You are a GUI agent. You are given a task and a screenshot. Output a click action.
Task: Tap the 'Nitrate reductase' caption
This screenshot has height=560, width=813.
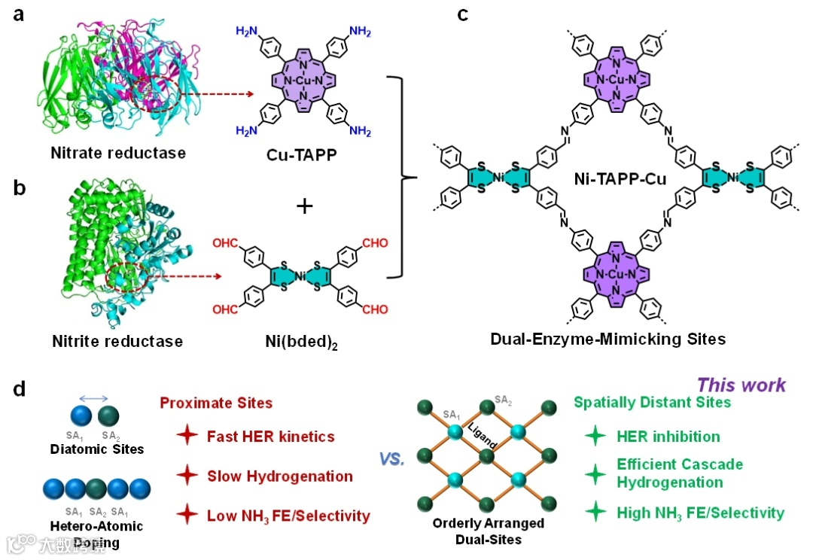[118, 154]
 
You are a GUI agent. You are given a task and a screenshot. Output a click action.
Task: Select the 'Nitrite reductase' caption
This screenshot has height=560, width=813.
[117, 341]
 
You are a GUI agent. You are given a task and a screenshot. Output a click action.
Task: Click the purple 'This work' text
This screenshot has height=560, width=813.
[741, 384]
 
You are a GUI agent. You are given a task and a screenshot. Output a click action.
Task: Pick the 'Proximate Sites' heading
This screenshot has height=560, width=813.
[217, 403]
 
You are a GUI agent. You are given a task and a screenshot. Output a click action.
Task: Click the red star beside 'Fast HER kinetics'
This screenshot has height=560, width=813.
[186, 437]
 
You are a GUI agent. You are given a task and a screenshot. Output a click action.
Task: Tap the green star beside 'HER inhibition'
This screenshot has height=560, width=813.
[595, 437]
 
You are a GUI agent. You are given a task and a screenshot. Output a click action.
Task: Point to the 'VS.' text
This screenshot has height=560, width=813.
[394, 458]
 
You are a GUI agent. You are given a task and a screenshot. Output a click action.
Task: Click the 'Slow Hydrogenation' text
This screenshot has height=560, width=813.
[280, 476]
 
